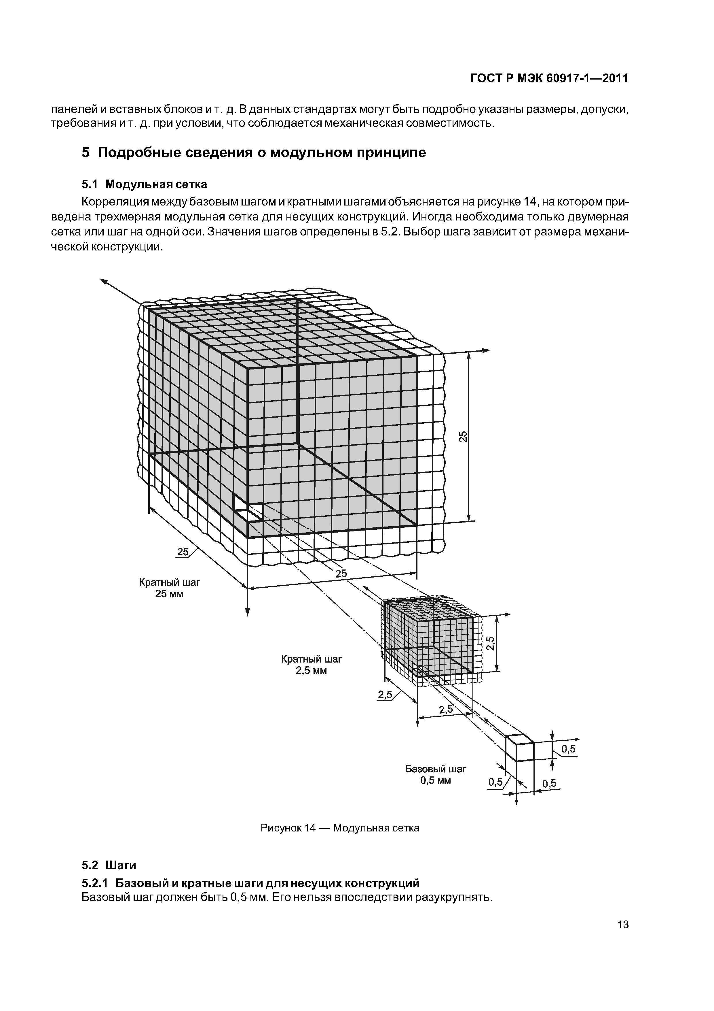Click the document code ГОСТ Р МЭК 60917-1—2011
point(549,78)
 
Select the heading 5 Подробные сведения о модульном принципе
point(254,153)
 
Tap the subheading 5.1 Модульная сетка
point(144,184)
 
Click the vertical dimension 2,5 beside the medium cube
point(491,643)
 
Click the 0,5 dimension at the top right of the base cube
point(568,749)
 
